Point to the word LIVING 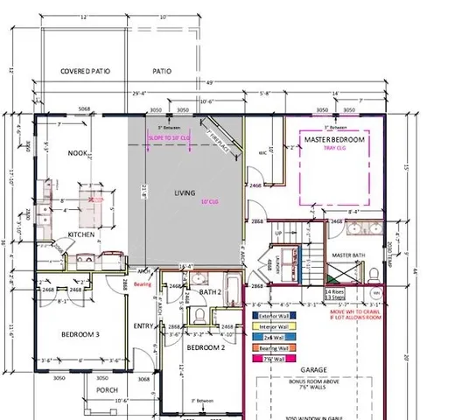[x=184, y=192]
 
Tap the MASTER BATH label [x=348, y=255]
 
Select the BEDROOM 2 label [x=207, y=348]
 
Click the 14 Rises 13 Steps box [x=335, y=293]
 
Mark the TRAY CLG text [x=333, y=150]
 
